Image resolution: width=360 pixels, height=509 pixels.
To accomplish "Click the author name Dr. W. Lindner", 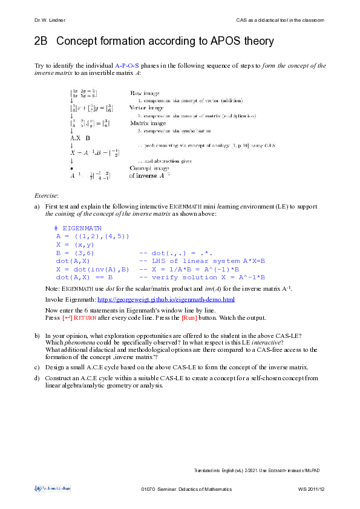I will (50, 21).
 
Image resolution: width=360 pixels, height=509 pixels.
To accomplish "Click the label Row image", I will (144, 93).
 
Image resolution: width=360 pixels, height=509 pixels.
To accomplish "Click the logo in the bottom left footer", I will (52, 487).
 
